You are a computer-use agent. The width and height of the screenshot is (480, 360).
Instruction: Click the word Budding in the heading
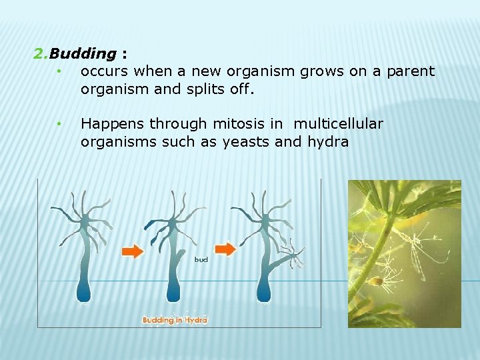[83, 53]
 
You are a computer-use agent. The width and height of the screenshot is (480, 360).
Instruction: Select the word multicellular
[338, 124]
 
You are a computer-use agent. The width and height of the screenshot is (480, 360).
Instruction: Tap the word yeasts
[247, 141]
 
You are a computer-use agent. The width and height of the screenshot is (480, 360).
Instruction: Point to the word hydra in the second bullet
[328, 141]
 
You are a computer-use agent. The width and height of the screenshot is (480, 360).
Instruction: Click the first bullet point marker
[59, 71]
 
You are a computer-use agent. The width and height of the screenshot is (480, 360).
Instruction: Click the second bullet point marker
[59, 125]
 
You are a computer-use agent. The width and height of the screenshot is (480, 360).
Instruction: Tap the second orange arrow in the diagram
[225, 249]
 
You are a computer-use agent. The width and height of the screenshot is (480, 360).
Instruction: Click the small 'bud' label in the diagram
[201, 259]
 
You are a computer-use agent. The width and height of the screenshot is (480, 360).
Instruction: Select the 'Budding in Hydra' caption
[175, 320]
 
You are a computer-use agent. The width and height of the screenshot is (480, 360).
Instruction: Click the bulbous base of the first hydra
[84, 291]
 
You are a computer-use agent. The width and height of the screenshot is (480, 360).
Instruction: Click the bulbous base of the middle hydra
[173, 291]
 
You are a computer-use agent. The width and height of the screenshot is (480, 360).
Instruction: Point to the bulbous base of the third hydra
[265, 291]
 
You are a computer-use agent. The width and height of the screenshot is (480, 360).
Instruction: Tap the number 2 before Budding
[37, 53]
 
